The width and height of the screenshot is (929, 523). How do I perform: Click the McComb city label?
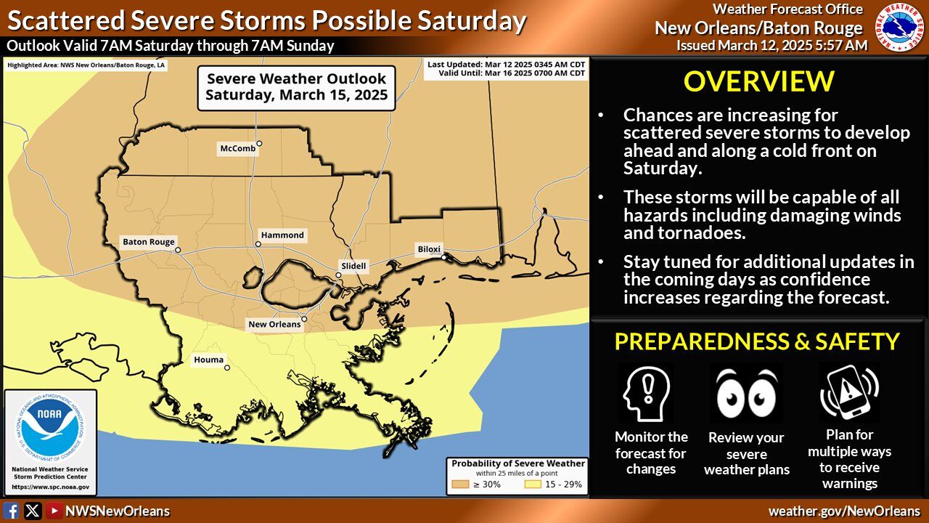(x=237, y=149)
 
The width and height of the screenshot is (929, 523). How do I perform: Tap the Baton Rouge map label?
(x=148, y=243)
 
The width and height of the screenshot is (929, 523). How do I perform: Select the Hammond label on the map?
(x=283, y=235)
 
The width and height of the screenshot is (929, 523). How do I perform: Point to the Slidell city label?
(x=353, y=267)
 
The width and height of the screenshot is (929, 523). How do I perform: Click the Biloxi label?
(x=428, y=249)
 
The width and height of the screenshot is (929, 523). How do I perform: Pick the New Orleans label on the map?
(x=274, y=324)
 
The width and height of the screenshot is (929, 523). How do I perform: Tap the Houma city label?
(x=208, y=360)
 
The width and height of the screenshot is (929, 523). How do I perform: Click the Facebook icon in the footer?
(x=12, y=511)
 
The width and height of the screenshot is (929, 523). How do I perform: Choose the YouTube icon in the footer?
(x=54, y=511)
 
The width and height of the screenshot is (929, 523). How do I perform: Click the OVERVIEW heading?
(x=758, y=81)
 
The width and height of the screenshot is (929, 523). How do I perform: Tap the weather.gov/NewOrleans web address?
(x=844, y=511)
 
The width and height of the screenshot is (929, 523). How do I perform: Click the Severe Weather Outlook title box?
(x=296, y=86)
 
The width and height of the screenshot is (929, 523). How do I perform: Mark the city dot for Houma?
(x=227, y=368)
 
